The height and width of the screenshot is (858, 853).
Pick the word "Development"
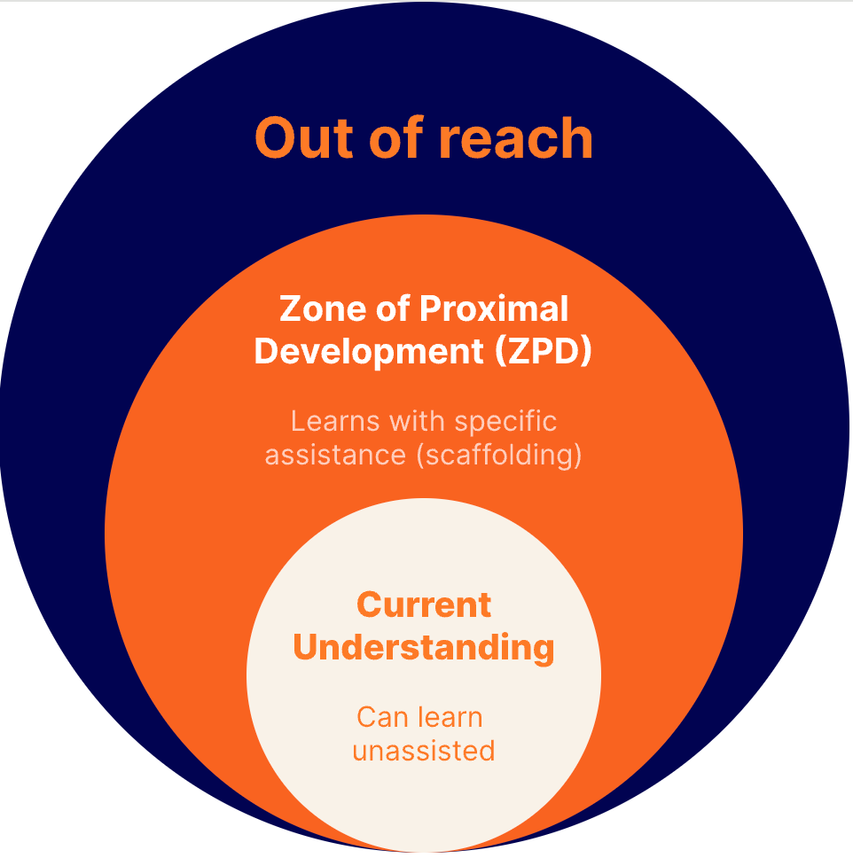click(367, 352)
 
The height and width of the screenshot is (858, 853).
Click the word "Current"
click(423, 605)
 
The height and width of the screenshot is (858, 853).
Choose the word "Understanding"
click(423, 648)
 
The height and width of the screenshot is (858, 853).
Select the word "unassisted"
click(423, 751)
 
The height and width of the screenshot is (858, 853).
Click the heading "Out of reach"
click(423, 138)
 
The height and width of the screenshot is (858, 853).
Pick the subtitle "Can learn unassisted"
click(423, 734)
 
